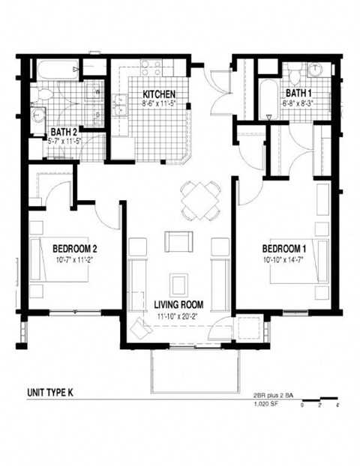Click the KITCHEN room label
[x=160, y=94]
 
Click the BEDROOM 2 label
[x=75, y=248]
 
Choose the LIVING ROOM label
[x=179, y=305]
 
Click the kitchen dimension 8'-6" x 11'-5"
[x=160, y=104]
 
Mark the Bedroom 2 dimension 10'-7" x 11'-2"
[x=75, y=258]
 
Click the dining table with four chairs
[x=200, y=201]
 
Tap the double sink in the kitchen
[x=120, y=106]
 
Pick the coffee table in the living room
[x=179, y=284]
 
